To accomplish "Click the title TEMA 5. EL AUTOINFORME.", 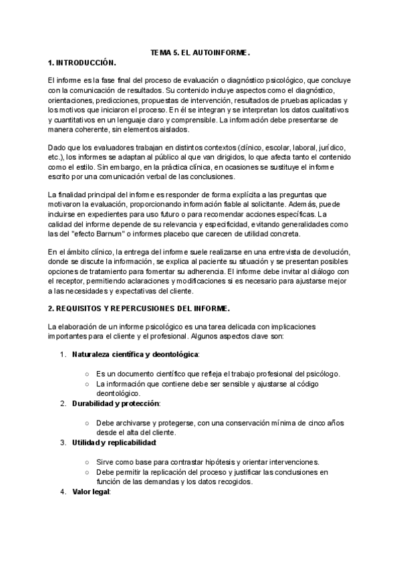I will pyautogui.click(x=200, y=51).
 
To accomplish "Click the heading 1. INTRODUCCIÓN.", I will pyautogui.click(x=82, y=62).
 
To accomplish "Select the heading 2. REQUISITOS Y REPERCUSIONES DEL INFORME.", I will pyautogui.click(x=139, y=308).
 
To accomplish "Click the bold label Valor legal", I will pyautogui.click(x=91, y=492).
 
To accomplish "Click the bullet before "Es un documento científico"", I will pyautogui.click(x=88, y=374).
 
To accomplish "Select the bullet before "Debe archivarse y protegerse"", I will pyautogui.click(x=88, y=423).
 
